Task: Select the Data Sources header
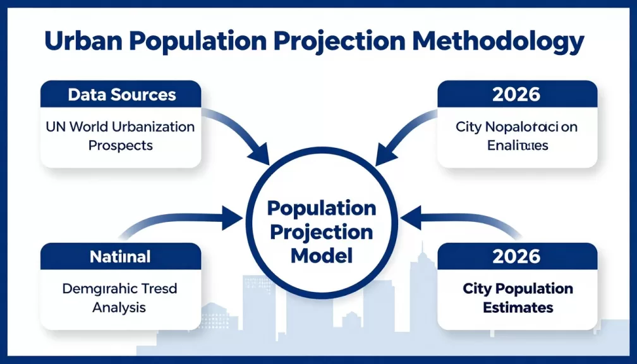pos(121,95)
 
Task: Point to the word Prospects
pos(121,145)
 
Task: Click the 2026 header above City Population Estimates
pos(517,257)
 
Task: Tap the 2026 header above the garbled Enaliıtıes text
pos(517,94)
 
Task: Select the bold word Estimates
pos(518,308)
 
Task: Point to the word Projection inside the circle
pos(321,231)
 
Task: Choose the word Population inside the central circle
pos(321,209)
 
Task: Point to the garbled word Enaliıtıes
pos(518,145)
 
